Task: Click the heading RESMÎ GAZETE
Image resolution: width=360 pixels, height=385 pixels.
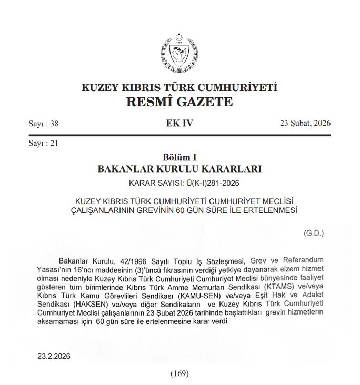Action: [x=179, y=101]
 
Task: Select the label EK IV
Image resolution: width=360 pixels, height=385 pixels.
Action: [x=179, y=124]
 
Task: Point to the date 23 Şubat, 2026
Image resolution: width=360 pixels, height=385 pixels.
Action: [x=305, y=124]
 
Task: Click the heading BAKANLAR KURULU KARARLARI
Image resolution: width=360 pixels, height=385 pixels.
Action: [x=179, y=169]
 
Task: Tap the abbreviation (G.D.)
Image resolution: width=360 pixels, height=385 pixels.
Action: [x=314, y=232]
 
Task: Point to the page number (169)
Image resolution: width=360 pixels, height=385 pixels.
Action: [x=180, y=373]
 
